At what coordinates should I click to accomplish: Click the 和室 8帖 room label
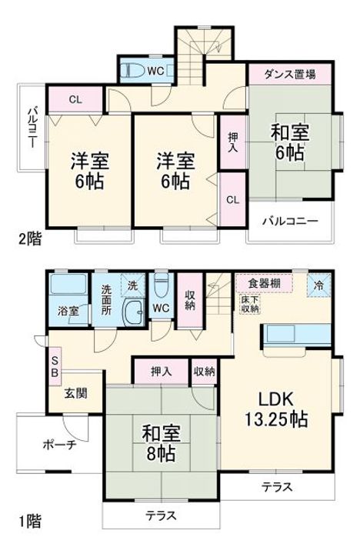160,442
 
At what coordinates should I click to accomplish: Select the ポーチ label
58,445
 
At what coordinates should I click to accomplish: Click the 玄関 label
75,392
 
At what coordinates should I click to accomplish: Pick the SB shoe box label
55,365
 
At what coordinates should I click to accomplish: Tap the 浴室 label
69,312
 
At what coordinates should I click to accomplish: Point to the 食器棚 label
264,282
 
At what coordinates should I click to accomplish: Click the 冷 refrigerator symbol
320,283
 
